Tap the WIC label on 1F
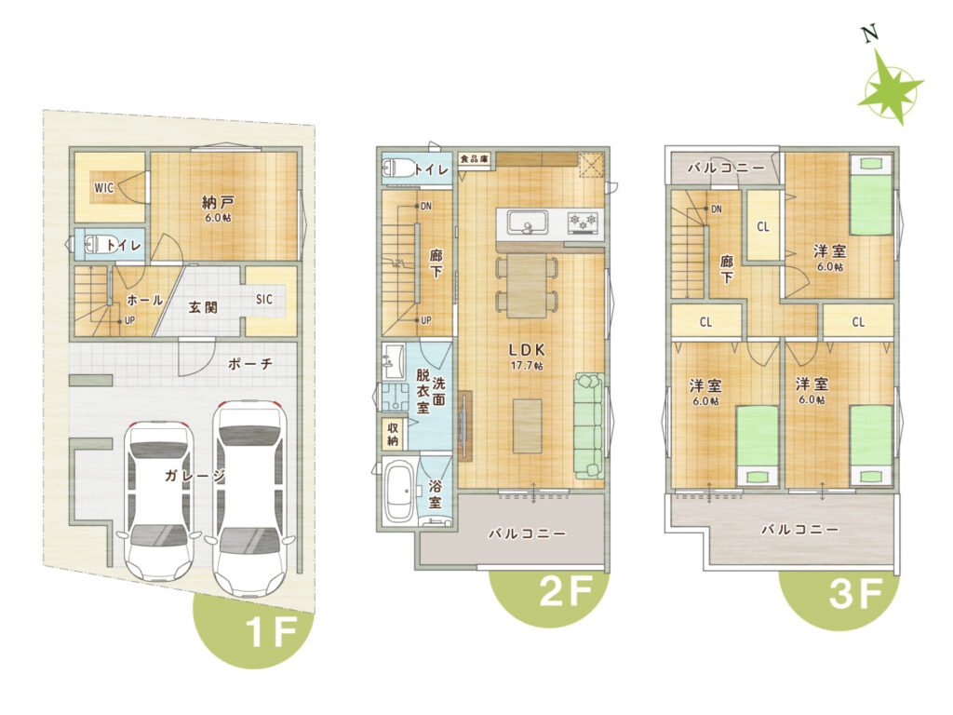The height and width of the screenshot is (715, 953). point(104,188)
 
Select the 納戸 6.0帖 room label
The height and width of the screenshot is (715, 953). point(217,208)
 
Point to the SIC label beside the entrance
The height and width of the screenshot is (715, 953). point(263,299)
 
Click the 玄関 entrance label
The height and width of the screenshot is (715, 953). point(203,307)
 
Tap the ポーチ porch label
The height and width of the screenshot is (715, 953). point(250,364)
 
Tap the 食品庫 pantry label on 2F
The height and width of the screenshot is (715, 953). point(474,159)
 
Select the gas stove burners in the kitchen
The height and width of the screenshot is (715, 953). point(584,223)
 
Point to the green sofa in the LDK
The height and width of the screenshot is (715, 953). point(588,425)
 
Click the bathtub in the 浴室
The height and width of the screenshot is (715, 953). point(399,492)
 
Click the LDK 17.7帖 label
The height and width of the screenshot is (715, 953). point(527,357)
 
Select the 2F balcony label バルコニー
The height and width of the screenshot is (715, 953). point(527,533)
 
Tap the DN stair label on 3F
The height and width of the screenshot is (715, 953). point(717,209)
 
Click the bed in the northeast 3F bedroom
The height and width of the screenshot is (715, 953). point(871,196)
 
